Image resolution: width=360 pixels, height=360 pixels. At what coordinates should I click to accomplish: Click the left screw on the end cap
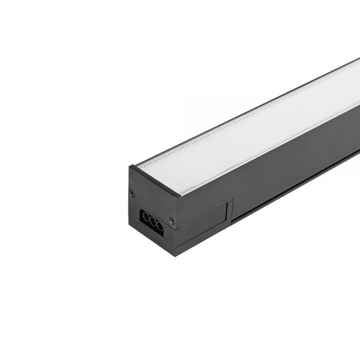(x=132, y=193)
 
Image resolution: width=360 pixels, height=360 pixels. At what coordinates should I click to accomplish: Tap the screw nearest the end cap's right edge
(x=172, y=221)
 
